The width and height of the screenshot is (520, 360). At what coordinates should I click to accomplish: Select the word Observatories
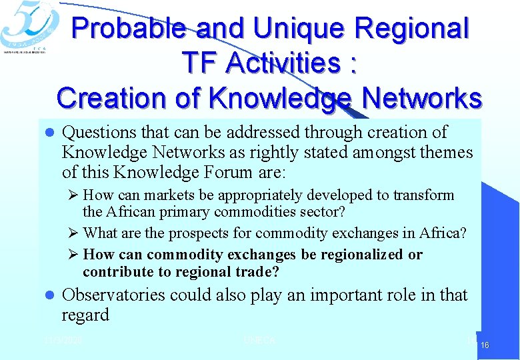(x=113, y=295)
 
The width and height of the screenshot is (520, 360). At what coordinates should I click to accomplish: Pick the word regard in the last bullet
(x=85, y=315)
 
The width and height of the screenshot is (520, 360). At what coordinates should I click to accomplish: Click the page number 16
(x=485, y=345)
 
